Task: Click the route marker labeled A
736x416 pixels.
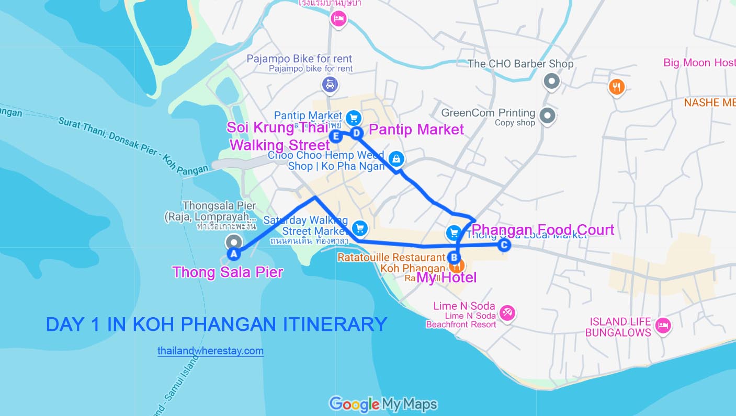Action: point(234,254)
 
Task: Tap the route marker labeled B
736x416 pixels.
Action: point(454,257)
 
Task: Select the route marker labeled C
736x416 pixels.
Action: point(504,245)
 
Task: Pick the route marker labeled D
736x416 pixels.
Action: point(357,133)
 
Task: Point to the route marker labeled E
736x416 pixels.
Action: point(336,136)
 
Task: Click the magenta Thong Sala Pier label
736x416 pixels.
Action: point(228,272)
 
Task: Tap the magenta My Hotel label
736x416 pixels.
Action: point(446,278)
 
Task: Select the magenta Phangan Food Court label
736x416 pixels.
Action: point(542,230)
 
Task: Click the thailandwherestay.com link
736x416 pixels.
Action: point(210,351)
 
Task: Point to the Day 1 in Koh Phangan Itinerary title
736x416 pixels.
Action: point(216,325)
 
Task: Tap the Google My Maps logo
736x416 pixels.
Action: point(383,404)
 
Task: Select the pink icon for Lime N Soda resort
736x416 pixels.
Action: point(507,313)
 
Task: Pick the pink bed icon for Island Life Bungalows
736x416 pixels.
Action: point(663,326)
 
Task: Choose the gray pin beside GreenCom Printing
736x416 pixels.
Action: point(547,115)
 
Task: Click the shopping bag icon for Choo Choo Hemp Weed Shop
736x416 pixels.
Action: point(396,157)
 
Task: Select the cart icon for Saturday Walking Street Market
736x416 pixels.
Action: point(359,228)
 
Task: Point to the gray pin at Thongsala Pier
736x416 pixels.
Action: point(233,241)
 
